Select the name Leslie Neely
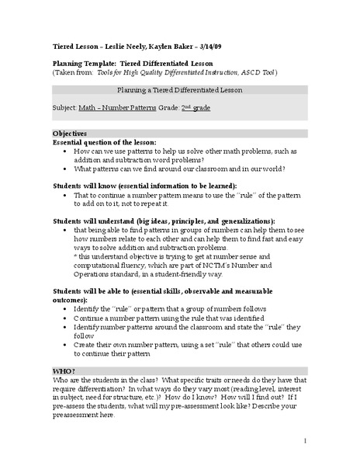click(112, 47)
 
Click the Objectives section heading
click(70, 134)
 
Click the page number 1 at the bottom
click(306, 442)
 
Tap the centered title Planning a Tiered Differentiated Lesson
click(180, 90)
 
